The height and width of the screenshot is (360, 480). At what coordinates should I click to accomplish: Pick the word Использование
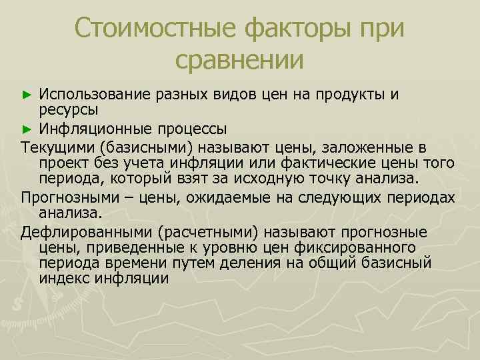(95, 94)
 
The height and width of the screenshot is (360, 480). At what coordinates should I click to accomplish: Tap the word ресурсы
(69, 109)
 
